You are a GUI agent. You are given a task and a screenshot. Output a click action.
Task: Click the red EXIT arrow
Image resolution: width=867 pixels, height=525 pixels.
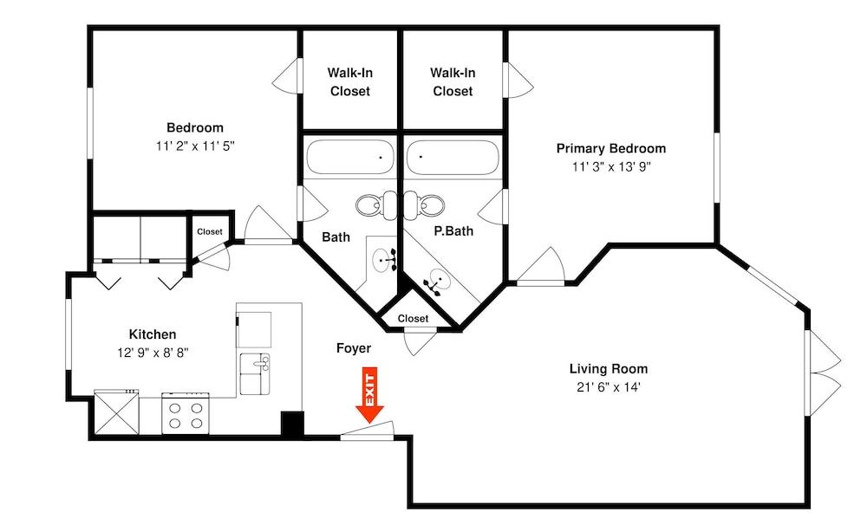tap(370, 394)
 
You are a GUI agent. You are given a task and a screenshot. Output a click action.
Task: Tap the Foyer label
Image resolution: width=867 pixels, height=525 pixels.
tap(354, 348)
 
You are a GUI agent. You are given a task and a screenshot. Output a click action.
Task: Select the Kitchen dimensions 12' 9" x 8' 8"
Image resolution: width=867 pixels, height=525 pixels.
tap(153, 353)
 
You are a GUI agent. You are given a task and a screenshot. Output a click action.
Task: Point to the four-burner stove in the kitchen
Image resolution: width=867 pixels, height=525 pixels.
tap(186, 413)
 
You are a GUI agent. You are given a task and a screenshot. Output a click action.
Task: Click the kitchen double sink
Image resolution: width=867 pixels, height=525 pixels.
tap(255, 374)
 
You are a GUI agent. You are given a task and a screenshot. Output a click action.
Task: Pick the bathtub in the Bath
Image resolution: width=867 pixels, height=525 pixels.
tap(350, 157)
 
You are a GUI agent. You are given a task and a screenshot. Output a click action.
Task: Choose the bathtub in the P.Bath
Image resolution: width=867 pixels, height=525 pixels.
tap(453, 157)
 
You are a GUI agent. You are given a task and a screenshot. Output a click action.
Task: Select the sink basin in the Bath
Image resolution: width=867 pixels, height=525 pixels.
tap(381, 259)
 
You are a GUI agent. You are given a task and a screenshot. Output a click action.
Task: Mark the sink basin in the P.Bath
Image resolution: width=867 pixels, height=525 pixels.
tap(439, 278)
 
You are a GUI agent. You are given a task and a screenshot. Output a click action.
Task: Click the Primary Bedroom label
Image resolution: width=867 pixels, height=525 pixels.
tap(611, 148)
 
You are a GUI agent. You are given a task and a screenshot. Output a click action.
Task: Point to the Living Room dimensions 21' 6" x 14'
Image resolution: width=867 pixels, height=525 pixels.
tap(609, 387)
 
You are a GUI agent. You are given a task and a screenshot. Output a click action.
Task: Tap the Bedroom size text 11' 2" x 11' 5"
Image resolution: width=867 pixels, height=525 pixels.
tap(195, 146)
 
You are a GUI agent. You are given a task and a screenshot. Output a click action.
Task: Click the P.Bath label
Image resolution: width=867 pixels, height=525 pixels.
tap(453, 230)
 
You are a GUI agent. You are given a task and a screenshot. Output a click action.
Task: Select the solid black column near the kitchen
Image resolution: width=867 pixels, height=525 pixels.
tap(292, 425)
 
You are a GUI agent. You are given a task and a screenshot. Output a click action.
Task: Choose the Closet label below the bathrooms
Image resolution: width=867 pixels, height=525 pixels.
tap(413, 318)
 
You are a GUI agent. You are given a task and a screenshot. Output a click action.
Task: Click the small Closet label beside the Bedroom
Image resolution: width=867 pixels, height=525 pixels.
tap(210, 231)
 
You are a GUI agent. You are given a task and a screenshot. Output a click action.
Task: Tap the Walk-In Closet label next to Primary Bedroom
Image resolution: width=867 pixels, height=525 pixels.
tap(453, 81)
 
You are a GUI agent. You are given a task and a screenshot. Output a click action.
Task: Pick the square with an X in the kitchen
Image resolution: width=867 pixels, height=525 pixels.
tap(117, 413)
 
